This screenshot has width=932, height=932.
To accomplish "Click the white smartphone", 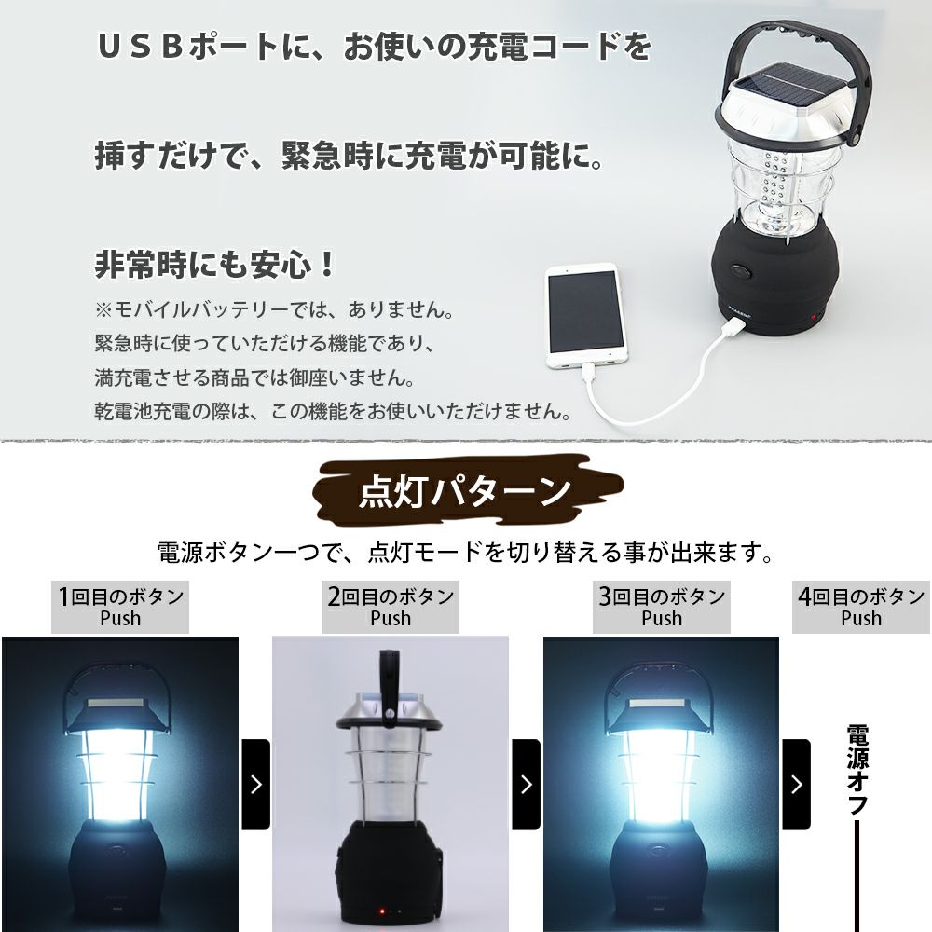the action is (x=585, y=317).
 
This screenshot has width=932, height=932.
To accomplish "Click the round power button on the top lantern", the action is (x=742, y=271).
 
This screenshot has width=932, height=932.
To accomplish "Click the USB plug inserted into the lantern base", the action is (x=735, y=326).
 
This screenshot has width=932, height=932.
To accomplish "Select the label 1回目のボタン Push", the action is (x=120, y=607).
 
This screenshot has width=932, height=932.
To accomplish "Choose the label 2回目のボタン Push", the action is (x=391, y=607).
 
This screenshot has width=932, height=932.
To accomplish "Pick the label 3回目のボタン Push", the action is (x=662, y=607).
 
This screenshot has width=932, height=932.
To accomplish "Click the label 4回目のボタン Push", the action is (x=861, y=607).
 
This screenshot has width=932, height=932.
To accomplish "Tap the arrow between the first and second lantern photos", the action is (x=256, y=785).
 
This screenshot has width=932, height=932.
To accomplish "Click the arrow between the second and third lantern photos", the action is (x=526, y=785).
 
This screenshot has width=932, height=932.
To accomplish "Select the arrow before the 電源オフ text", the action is (x=797, y=785).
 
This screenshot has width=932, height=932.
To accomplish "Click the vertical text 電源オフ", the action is (x=857, y=769).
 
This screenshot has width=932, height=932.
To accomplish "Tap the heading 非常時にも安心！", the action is (x=215, y=264).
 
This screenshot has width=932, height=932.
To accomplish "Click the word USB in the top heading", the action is (x=140, y=47).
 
